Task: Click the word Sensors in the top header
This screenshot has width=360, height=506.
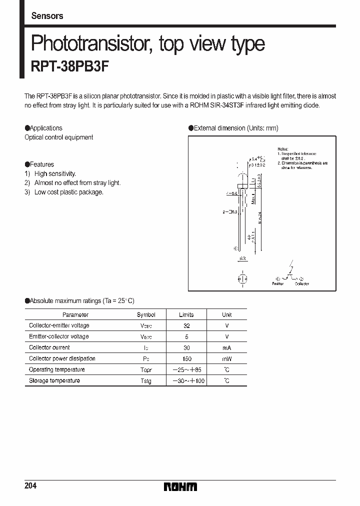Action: pos(47,16)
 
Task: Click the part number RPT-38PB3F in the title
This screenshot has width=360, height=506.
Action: pos(69,67)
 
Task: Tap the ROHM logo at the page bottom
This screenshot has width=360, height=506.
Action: pos(180,486)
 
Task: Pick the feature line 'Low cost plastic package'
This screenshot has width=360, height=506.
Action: pos(68,192)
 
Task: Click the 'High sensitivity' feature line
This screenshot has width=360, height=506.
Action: pos(55,173)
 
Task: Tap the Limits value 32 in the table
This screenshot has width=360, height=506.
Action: pos(186,325)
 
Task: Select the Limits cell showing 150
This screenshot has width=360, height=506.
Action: pos(186,359)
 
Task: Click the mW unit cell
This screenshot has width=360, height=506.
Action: pos(227,359)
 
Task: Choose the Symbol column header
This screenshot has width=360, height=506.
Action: pos(146,314)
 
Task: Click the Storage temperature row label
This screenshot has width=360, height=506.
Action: pos(54,380)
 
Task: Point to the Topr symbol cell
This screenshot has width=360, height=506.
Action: pos(146,370)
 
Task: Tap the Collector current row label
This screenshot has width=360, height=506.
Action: pos(49,347)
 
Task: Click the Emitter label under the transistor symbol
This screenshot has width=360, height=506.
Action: pos(277,283)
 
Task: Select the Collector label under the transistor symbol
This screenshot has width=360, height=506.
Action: pos(301,283)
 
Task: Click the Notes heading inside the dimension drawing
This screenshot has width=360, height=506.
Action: pos(283,149)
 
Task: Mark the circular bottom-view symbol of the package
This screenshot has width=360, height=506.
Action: pos(242,278)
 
